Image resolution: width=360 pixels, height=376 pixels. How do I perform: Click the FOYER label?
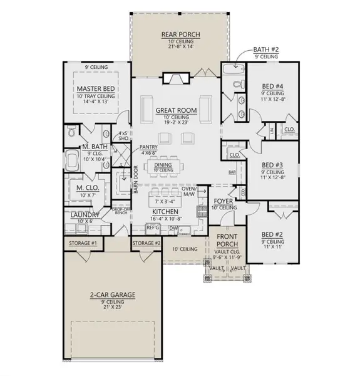click(223, 201)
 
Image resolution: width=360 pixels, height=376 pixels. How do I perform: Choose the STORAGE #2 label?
click(147, 243)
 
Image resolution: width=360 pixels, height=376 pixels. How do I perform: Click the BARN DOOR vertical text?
click(135, 180)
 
